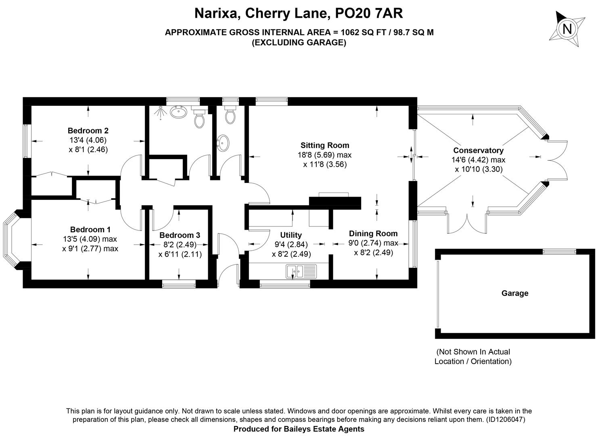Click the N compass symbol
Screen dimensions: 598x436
click(x=567, y=28)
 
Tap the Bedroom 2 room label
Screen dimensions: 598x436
click(x=88, y=131)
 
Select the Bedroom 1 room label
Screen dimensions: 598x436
click(x=90, y=229)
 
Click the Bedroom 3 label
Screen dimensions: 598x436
click(x=180, y=235)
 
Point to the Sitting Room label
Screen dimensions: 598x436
click(x=325, y=145)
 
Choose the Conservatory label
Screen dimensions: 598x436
click(x=479, y=151)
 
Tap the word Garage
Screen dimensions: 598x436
click(x=515, y=293)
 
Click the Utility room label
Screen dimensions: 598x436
click(x=291, y=235)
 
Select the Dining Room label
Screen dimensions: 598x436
click(x=373, y=233)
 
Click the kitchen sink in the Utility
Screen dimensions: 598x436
click(x=301, y=271)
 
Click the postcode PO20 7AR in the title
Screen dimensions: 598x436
click(x=369, y=13)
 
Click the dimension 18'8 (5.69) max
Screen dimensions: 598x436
click(x=325, y=155)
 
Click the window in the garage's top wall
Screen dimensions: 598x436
click(x=560, y=252)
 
